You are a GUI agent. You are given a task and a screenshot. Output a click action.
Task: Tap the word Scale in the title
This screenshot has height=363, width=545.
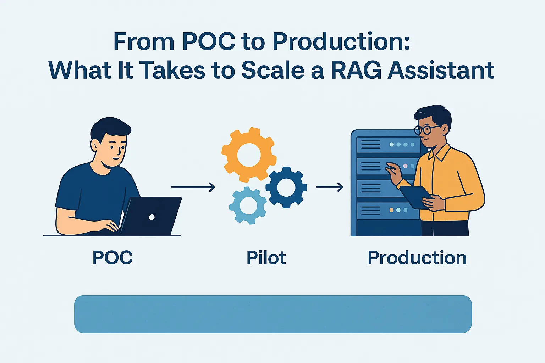pos(273,70)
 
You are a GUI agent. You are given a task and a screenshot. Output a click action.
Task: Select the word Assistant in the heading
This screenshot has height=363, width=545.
pos(441,70)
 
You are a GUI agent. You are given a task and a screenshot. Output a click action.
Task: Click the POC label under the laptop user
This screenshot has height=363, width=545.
pos(112,257)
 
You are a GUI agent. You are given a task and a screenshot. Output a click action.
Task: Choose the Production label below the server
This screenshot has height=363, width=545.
pos(417,258)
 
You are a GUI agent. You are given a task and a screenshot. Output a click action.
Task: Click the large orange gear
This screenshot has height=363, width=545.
pos(249,155)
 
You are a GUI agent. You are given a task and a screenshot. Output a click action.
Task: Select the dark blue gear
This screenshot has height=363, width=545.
pos(286,187)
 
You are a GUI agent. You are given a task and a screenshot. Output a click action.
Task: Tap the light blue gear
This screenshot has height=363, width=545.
pos(248,206)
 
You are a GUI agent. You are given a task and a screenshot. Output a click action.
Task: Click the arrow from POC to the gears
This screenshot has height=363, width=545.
pos(193,187)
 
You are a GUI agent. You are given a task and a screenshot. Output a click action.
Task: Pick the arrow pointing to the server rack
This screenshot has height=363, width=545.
pos(330,187)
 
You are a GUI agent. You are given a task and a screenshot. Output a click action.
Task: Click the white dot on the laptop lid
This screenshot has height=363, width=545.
pos(152,217)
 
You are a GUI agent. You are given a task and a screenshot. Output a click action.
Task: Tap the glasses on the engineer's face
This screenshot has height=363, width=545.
pos(426,129)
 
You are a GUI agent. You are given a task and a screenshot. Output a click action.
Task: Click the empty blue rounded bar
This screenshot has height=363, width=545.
pos(273,314)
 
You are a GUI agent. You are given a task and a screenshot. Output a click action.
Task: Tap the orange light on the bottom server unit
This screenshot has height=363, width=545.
pos(391,210)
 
